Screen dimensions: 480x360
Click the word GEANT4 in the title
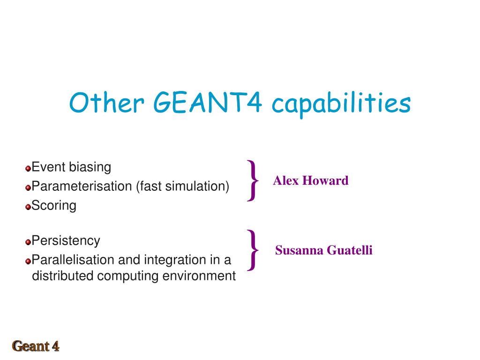click(x=208, y=102)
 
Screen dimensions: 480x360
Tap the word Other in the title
click(x=106, y=102)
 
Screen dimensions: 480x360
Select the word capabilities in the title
click(x=341, y=104)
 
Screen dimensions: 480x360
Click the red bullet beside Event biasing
click(x=28, y=168)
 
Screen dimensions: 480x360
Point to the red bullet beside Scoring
click(x=28, y=207)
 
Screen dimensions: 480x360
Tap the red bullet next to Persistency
click(x=28, y=242)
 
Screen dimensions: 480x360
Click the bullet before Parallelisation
click(x=28, y=261)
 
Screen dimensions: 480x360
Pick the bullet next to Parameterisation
click(x=28, y=187)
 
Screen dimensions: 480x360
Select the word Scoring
click(x=54, y=205)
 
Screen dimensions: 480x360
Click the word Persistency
click(x=66, y=240)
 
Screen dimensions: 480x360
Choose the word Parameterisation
click(x=82, y=186)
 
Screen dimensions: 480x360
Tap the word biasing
click(x=90, y=167)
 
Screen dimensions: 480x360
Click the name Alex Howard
click(x=311, y=180)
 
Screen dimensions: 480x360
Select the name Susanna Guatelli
click(x=323, y=250)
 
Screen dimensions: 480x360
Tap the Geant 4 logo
click(x=36, y=346)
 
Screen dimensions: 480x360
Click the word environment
click(x=199, y=276)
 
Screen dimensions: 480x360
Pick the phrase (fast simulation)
click(x=183, y=186)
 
